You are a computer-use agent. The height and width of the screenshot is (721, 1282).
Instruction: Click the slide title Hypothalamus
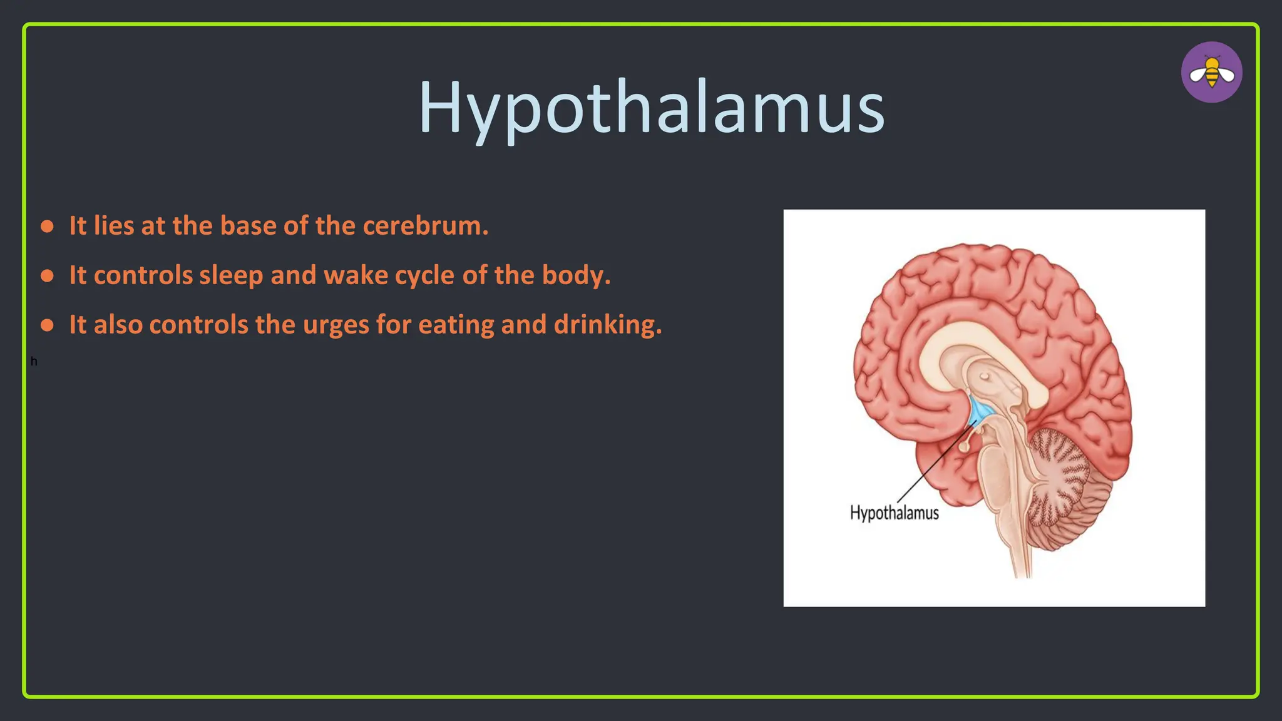pos(651,108)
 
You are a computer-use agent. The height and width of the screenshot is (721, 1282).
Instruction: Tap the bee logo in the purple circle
pos(1211,73)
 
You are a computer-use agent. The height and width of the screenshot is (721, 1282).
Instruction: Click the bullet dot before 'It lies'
pos(47,226)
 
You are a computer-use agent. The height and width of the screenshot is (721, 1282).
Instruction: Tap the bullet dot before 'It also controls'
pos(47,325)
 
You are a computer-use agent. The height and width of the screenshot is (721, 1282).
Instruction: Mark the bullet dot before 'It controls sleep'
pos(47,275)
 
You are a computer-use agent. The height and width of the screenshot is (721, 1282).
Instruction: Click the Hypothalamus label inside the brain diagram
pos(894,513)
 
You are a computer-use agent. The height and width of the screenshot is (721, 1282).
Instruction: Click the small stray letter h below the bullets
pos(34,362)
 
